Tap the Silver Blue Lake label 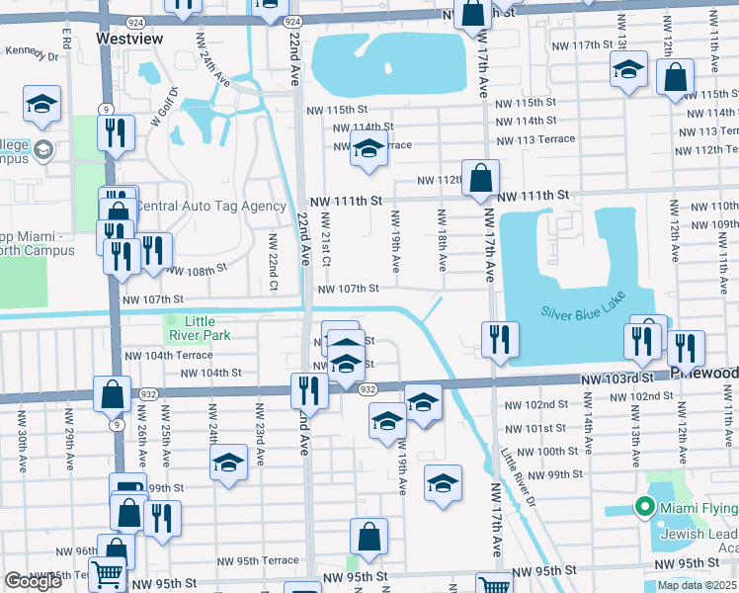click(583, 311)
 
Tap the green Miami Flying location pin click(645, 508)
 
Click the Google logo click(33, 581)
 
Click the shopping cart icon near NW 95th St click(109, 572)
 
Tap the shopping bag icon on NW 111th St click(480, 180)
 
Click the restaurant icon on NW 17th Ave click(500, 339)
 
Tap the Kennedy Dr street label click(31, 51)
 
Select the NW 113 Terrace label click(538, 139)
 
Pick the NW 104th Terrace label click(167, 355)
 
